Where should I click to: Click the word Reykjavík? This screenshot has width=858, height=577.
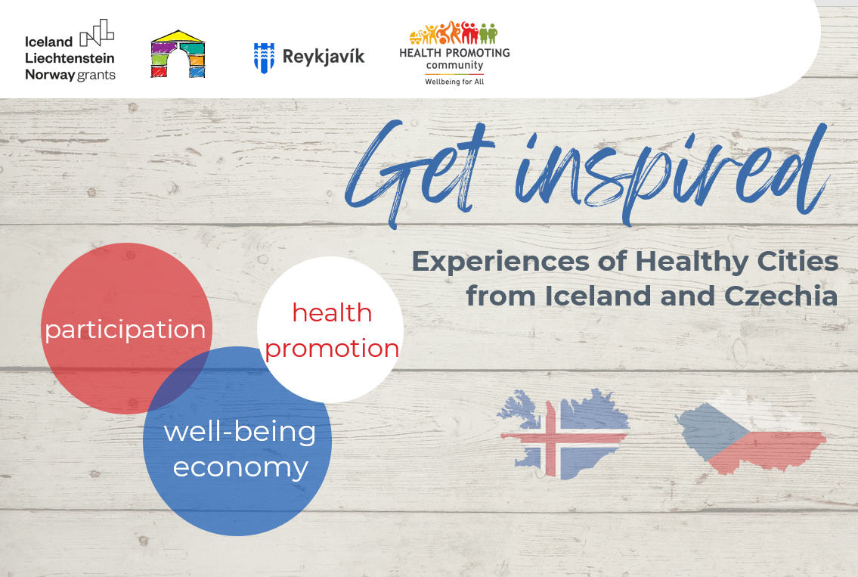point(324,57)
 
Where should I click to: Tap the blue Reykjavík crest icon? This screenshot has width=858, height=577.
point(264,57)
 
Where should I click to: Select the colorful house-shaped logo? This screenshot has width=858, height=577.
point(178,54)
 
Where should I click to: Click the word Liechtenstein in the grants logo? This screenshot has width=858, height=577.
point(70,58)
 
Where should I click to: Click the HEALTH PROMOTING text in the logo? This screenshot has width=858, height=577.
point(455,53)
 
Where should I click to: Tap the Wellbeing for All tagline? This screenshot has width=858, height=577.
point(455,82)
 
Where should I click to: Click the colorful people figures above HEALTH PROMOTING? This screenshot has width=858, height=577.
point(454,33)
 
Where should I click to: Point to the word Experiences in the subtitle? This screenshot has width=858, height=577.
point(500,262)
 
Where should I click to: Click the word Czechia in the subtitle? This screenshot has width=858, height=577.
point(781,296)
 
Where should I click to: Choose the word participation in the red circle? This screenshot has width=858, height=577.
point(125,330)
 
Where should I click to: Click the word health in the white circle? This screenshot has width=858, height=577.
point(332,312)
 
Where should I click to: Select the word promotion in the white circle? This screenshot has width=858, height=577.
point(332,349)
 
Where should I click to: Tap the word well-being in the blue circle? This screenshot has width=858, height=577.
point(240,432)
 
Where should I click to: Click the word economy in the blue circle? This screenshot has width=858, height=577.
point(240,467)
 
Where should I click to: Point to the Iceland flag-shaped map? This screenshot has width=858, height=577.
point(564,433)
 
